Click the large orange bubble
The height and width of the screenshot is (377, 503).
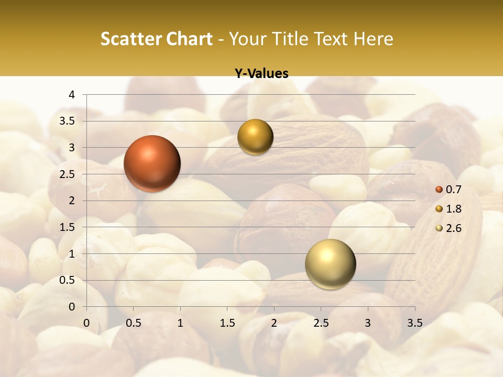click(152, 163)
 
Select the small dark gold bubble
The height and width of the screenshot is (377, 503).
click(255, 137)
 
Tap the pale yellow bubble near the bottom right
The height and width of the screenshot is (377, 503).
click(330, 264)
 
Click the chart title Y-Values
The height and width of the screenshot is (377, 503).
click(261, 74)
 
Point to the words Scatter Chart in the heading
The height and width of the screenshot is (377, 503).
click(157, 39)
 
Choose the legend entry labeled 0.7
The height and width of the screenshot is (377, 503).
click(449, 190)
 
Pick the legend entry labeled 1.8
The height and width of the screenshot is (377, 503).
click(449, 209)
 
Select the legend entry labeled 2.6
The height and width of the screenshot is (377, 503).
click(449, 228)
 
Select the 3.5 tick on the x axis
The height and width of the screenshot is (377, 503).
click(414, 323)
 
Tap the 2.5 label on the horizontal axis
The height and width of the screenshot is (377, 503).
click(321, 323)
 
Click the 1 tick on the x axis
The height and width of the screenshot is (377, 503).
click(180, 323)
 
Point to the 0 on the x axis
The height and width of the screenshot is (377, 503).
click(86, 323)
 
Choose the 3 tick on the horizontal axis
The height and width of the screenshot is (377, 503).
click(368, 323)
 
